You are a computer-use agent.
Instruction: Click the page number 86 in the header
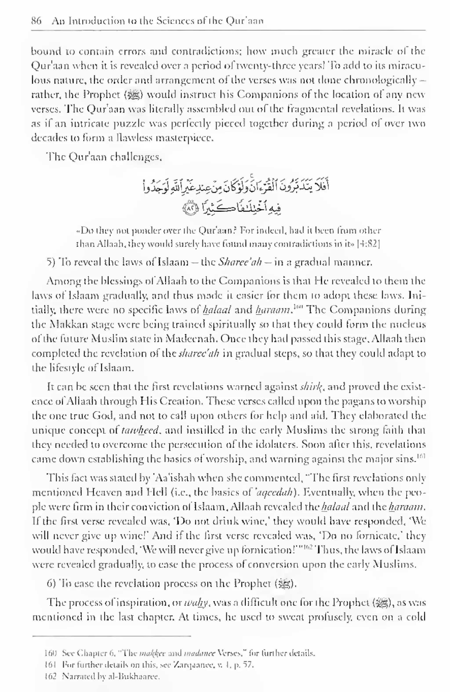[36, 21]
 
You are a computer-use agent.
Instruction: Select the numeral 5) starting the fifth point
[51, 262]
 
